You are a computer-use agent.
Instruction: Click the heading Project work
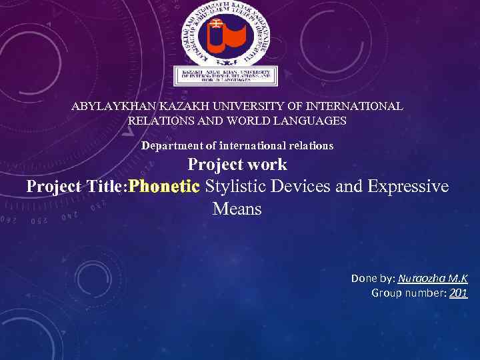click(x=237, y=164)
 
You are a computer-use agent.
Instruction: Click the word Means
click(x=237, y=209)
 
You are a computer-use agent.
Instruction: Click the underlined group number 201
click(x=458, y=293)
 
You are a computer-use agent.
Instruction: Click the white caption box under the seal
click(x=225, y=77)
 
